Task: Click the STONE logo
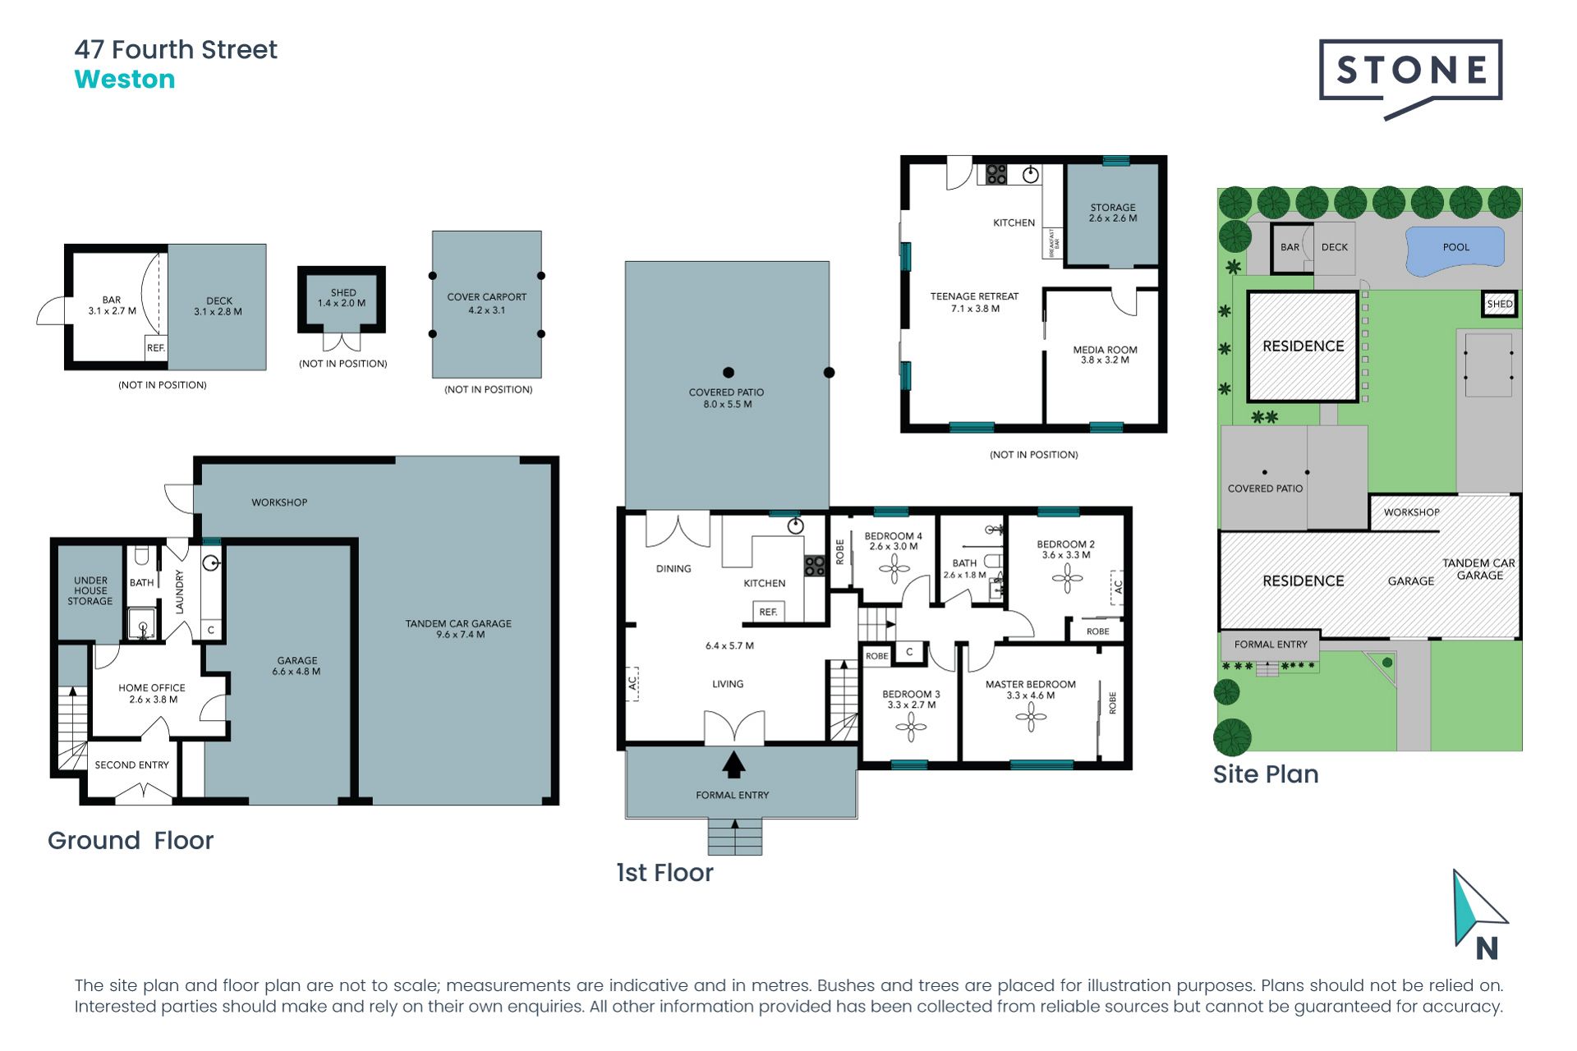[x=1410, y=79]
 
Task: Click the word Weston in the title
[x=125, y=80]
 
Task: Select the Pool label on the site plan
[x=1456, y=247]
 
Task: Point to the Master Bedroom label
[x=1030, y=684]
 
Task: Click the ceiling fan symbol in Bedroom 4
[x=894, y=568]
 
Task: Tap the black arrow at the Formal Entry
[x=733, y=764]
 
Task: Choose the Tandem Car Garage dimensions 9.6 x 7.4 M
[x=460, y=635]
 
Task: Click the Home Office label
[x=152, y=688]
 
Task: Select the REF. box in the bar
[x=156, y=347]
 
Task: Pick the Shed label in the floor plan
[x=343, y=292]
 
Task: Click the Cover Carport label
[x=487, y=297]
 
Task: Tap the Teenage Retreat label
[x=974, y=296]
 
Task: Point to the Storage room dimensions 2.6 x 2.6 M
[x=1113, y=218]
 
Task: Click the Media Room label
[x=1105, y=350]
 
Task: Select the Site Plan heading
[x=1266, y=774]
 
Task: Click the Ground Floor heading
[x=131, y=841]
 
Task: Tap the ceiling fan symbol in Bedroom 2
[x=1067, y=578]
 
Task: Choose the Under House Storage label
[x=90, y=591]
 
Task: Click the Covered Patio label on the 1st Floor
[x=726, y=392]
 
